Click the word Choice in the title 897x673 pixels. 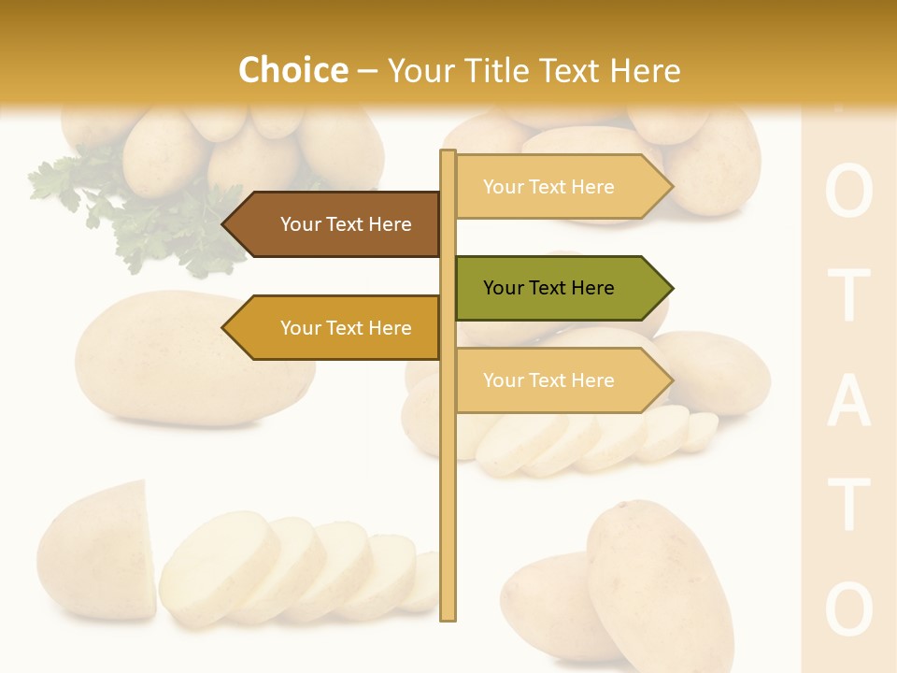tap(292, 71)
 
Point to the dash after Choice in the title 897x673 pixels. tap(367, 71)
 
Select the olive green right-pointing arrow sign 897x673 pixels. tap(561, 288)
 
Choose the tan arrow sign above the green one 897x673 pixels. tap(561, 187)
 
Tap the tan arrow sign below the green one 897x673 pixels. tap(561, 380)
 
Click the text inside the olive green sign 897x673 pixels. tap(548, 288)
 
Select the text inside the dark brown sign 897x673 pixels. tap(346, 224)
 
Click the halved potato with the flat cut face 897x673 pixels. tap(98, 551)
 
